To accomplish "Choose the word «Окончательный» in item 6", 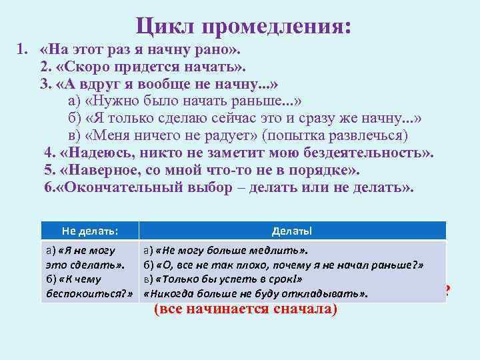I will tap(127, 187).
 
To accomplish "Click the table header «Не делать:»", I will tap(90, 231).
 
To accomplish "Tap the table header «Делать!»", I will tap(291, 231).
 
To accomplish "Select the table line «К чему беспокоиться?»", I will tap(88, 286).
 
